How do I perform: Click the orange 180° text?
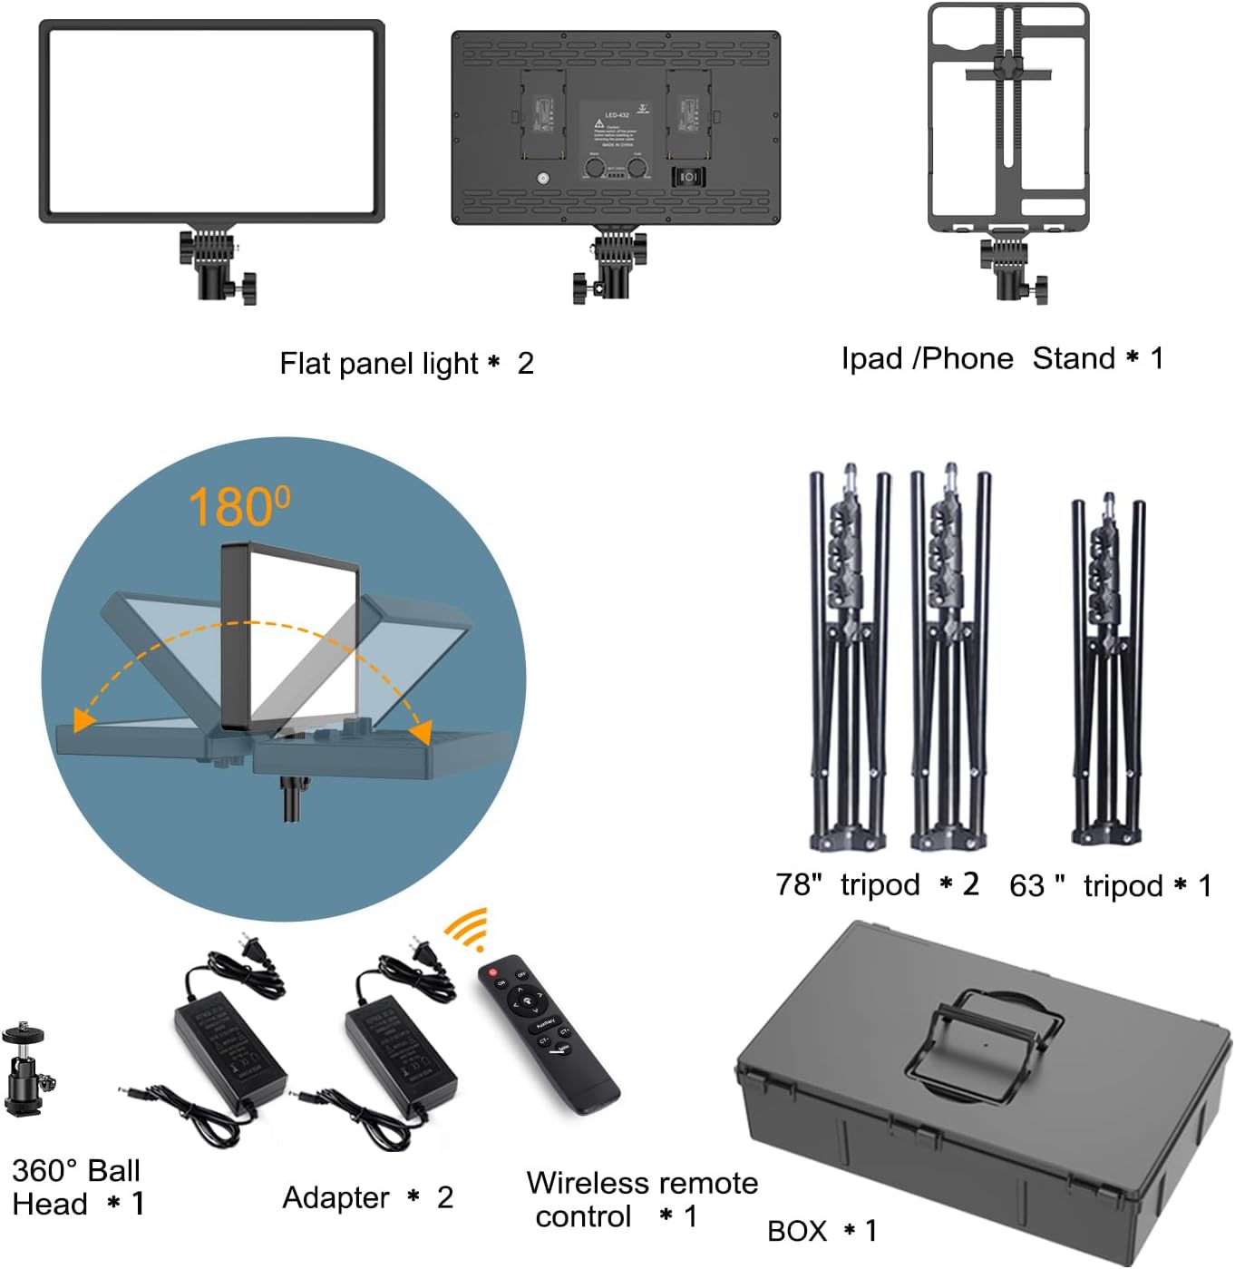coord(239,506)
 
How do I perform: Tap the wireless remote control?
coord(548,1033)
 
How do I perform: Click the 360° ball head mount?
coord(26,1070)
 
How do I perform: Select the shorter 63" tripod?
coord(1107,671)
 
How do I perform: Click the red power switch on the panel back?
coord(687,177)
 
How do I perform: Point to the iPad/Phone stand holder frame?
coord(1007,118)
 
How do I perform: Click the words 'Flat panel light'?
coord(378,364)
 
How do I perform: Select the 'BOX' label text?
coord(797,1231)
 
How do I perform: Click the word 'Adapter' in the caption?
coord(335,1198)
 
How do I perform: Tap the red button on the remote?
coord(493,971)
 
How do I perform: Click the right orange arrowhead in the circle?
coord(420,731)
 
